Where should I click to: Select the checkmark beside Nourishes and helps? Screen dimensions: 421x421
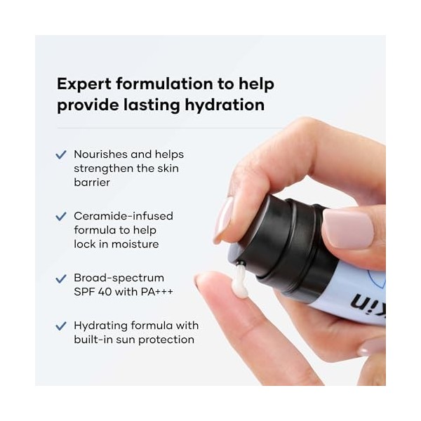tap(61, 154)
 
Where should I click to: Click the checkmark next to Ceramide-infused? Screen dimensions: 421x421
tap(61, 216)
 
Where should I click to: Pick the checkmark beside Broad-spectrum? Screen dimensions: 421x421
tap(61, 278)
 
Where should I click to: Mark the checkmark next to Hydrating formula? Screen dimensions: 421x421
tap(61, 326)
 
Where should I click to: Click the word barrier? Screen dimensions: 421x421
tap(92, 182)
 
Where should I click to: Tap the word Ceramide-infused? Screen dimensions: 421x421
tap(123, 216)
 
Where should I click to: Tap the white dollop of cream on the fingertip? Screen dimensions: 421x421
tap(240, 281)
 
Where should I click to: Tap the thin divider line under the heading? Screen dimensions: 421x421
tap(168, 128)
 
